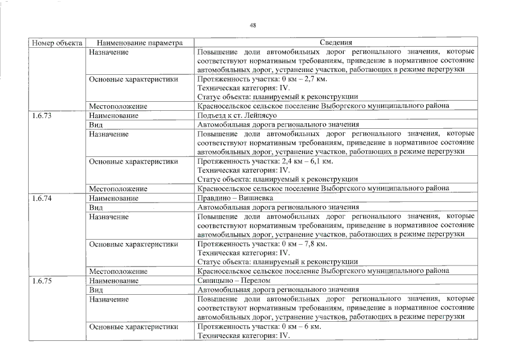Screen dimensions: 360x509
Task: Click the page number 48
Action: click(x=253, y=25)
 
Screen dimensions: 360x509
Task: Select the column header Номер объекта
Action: click(x=57, y=42)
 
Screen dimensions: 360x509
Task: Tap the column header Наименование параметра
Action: click(x=139, y=42)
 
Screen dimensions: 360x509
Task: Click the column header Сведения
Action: click(x=336, y=42)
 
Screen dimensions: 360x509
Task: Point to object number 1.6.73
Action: click(x=42, y=116)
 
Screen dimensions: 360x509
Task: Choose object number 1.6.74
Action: click(x=42, y=199)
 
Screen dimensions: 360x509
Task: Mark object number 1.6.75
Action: click(x=42, y=281)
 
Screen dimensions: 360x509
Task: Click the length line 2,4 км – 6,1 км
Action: click(x=265, y=162)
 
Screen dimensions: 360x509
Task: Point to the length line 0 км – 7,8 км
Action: click(x=262, y=244)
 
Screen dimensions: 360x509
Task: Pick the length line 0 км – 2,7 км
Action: click(x=262, y=79)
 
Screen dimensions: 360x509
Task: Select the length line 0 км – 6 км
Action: click(x=259, y=327)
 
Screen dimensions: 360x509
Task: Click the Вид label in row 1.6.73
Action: click(x=96, y=125)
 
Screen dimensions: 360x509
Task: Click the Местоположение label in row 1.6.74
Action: click(x=118, y=271)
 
